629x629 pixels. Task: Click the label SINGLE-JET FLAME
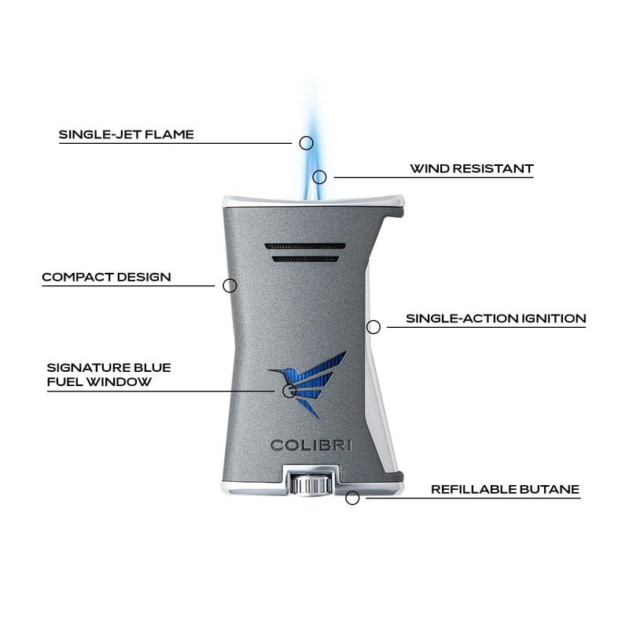(x=126, y=134)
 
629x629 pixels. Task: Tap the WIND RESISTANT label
(x=471, y=169)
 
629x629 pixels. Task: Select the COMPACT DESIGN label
(x=106, y=277)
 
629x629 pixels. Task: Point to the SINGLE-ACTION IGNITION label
(x=495, y=319)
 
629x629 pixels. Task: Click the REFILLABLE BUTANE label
(x=505, y=490)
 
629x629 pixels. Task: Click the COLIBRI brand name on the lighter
(x=311, y=445)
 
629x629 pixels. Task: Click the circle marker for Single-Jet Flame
(x=307, y=143)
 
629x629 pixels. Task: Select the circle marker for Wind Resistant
(x=319, y=177)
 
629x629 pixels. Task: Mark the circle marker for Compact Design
(x=230, y=285)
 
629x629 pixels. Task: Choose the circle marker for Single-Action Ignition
(x=373, y=326)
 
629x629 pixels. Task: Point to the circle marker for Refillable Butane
(x=353, y=497)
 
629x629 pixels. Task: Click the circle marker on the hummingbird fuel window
(x=289, y=390)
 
